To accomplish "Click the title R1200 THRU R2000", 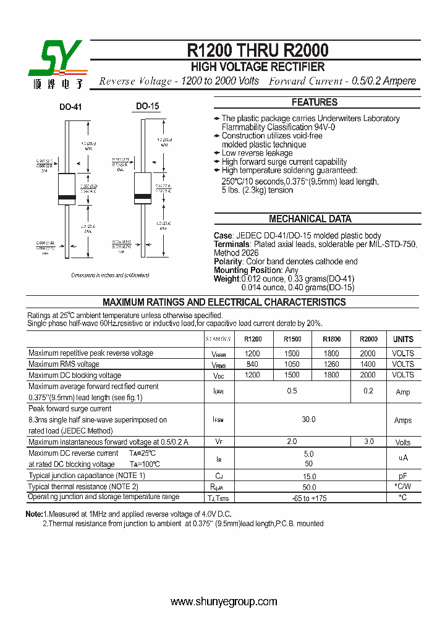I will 258,50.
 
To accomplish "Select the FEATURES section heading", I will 315,103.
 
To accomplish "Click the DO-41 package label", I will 70,107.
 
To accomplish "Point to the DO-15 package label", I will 148,106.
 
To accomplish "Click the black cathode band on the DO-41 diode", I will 66,198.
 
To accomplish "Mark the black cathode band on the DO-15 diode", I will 143,198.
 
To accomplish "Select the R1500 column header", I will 292,339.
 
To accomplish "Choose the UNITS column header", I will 403,339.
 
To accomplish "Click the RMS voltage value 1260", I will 331,364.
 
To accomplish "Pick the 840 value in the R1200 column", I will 253,364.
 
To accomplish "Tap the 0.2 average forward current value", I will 368,391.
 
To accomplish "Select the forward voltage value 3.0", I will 368,442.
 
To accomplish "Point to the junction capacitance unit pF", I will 403,476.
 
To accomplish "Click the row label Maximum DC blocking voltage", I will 75,375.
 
